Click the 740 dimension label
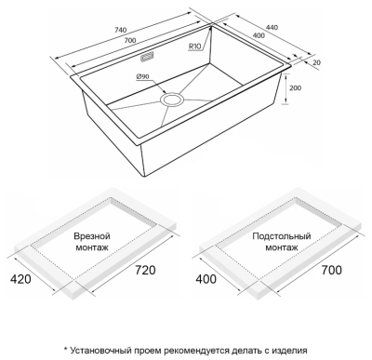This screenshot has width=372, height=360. coord(121,30)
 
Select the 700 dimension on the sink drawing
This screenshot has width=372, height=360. coord(130,40)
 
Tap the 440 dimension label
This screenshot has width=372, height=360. coord(272,27)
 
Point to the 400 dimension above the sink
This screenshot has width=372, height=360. coord(259,35)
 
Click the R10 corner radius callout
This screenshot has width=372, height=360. coord(195,47)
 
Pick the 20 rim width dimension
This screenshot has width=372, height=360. coord(316,62)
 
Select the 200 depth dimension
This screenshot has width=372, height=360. coord(295,88)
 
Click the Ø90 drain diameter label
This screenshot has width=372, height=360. coord(142,76)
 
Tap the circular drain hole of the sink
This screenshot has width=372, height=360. coord(172,100)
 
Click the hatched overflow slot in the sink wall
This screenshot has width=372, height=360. coord(147,58)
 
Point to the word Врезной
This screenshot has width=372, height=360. coord(92,236)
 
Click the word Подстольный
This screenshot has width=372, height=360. coord(282,236)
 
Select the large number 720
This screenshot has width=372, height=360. coord(145,270)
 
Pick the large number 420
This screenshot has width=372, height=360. coord(20,279)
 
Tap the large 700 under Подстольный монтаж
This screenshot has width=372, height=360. coord(331,270)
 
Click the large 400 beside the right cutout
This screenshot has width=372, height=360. coord(206,279)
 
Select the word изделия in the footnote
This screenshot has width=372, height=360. coord(290,351)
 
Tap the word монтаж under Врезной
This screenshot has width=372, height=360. coord(92,247)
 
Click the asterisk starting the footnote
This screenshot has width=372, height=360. coord(66,349)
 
